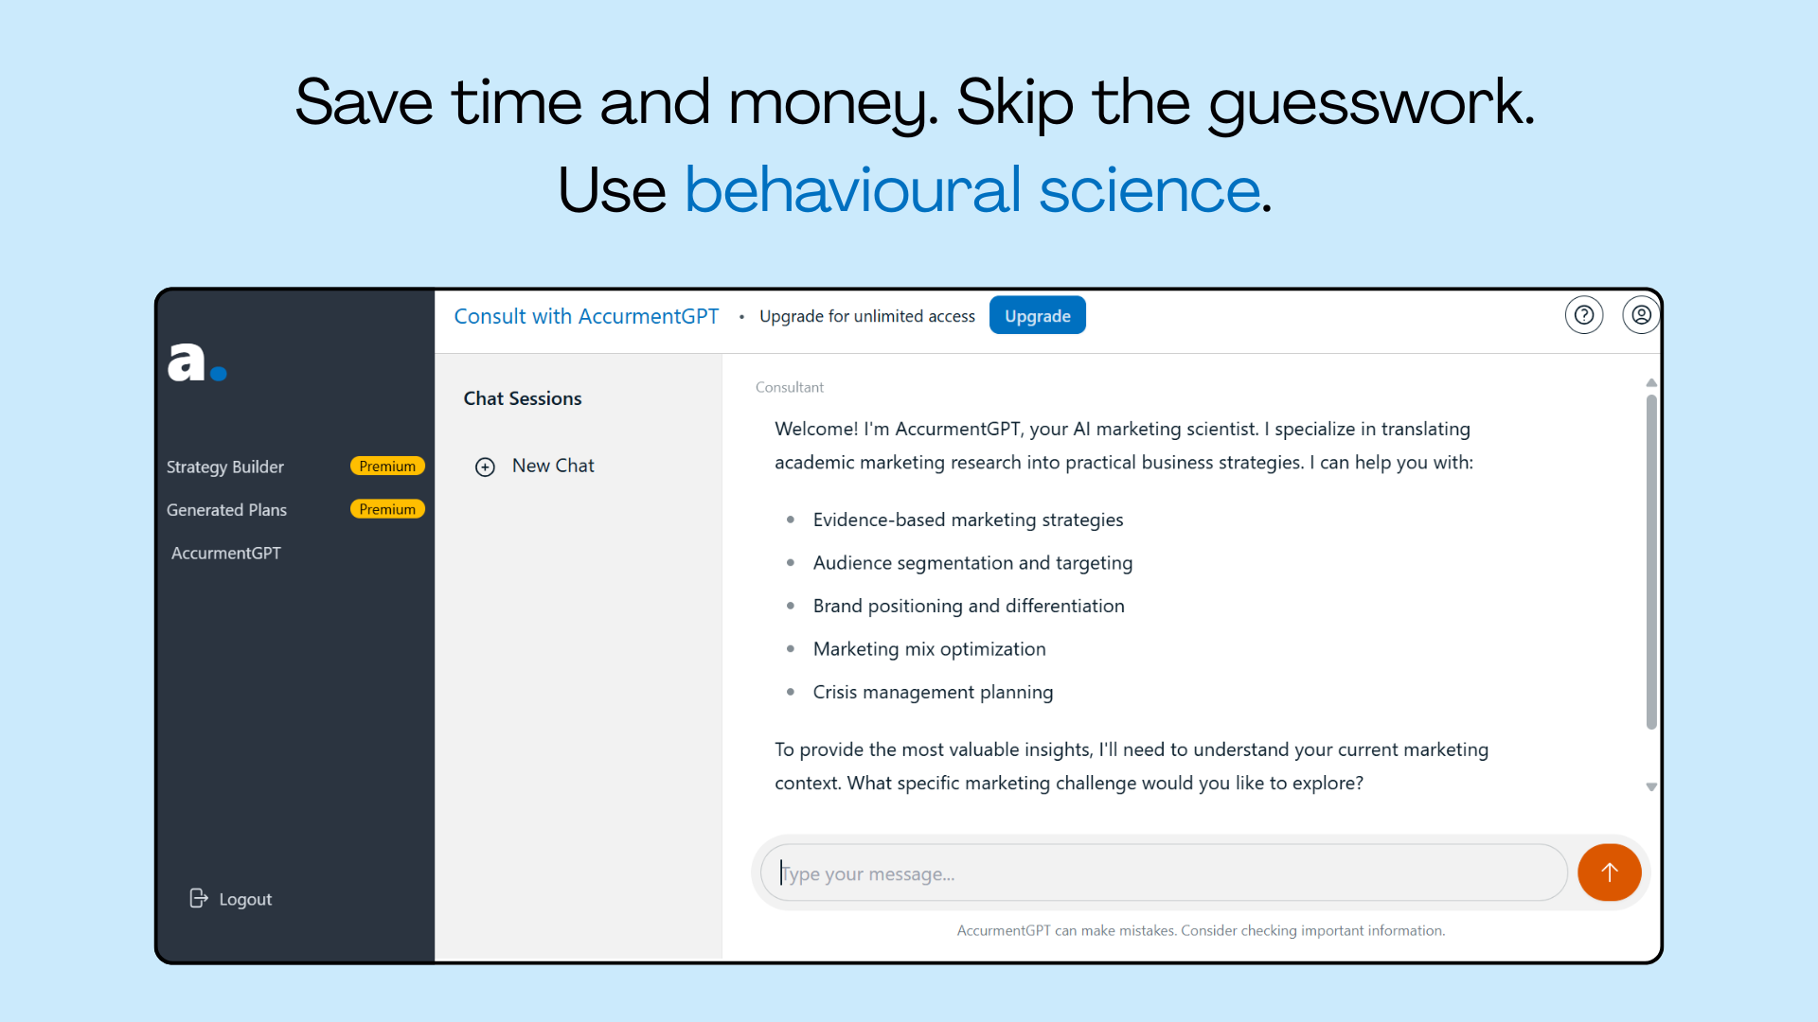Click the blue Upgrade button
pyautogui.click(x=1037, y=315)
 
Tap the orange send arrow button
pyautogui.click(x=1609, y=872)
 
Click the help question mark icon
pyautogui.click(x=1584, y=315)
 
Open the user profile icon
pyautogui.click(x=1641, y=315)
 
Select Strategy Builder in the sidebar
pyautogui.click(x=225, y=467)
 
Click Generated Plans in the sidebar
pyautogui.click(x=226, y=510)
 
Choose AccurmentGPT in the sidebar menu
pyautogui.click(x=226, y=553)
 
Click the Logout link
pyautogui.click(x=231, y=899)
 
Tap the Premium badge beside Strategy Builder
pyautogui.click(x=387, y=467)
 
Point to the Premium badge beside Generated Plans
pyautogui.click(x=387, y=509)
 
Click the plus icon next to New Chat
pyautogui.click(x=485, y=467)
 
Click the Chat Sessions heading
pyautogui.click(x=523, y=398)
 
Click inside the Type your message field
pyautogui.click(x=1165, y=873)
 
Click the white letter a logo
pyautogui.click(x=187, y=361)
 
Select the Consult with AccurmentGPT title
pyautogui.click(x=586, y=316)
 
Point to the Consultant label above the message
pyautogui.click(x=790, y=387)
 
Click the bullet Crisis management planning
pyautogui.click(x=933, y=692)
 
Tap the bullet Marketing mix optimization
pyautogui.click(x=929, y=649)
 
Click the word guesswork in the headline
pyautogui.click(x=1371, y=102)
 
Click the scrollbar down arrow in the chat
pyautogui.click(x=1651, y=787)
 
